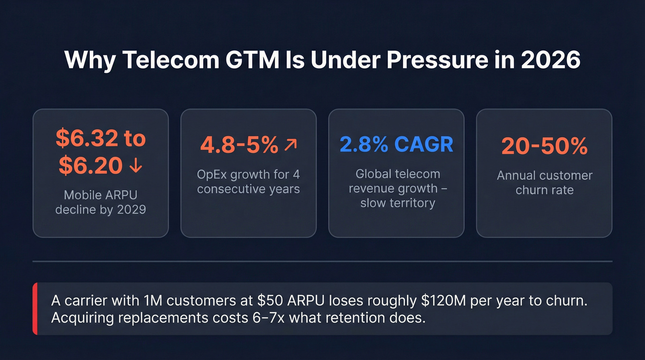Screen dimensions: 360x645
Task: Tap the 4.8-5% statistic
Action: coord(239,145)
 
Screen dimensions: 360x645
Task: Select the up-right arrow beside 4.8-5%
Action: coord(291,145)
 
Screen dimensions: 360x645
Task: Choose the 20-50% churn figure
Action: coord(544,146)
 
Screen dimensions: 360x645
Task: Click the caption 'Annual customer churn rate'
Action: coord(544,183)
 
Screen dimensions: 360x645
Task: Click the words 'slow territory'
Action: coord(398,203)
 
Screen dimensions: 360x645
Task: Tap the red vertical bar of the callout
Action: coord(35,309)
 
